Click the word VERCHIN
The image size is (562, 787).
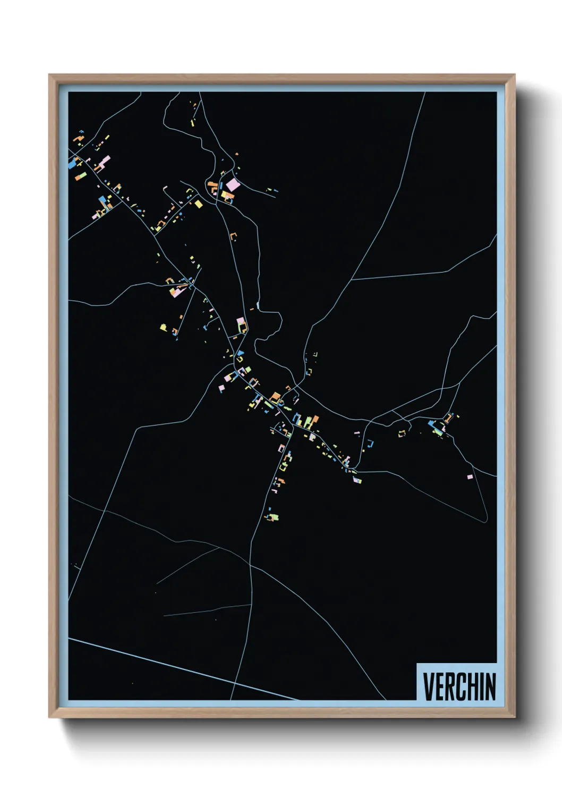(459, 686)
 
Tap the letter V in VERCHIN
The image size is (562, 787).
(428, 686)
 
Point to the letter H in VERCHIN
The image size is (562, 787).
(473, 686)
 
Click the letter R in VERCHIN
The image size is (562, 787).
(449, 686)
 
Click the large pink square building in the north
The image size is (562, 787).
(233, 185)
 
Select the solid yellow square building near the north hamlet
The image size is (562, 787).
(199, 204)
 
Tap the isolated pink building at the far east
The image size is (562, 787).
(470, 477)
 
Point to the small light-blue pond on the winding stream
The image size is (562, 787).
(258, 305)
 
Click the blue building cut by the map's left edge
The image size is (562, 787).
(72, 164)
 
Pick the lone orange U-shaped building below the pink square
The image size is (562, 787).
(233, 236)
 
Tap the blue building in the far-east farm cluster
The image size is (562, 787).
(432, 424)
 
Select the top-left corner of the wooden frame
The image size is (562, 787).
(49, 75)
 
